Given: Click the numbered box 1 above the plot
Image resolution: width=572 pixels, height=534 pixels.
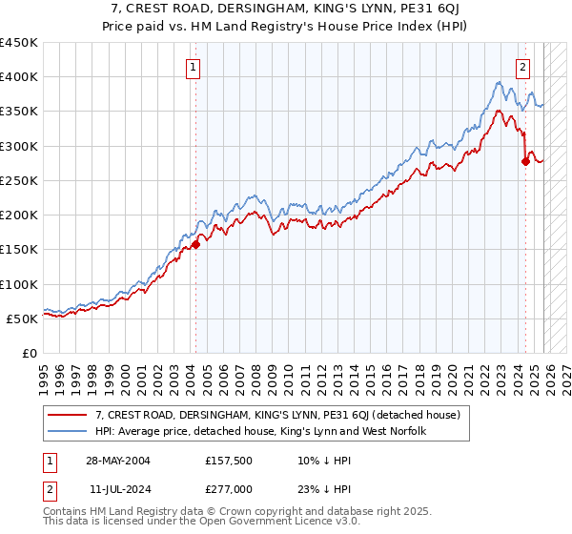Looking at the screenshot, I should tap(194, 67).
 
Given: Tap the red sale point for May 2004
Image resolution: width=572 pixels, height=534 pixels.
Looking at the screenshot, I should tap(195, 244).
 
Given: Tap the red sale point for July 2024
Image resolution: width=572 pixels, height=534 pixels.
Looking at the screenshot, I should tap(525, 162).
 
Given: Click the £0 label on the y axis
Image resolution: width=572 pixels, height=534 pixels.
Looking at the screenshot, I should tap(30, 353).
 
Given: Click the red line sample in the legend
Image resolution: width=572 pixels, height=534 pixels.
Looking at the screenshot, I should tap(69, 415).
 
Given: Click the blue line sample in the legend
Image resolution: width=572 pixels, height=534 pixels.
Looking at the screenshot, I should tap(69, 431).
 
